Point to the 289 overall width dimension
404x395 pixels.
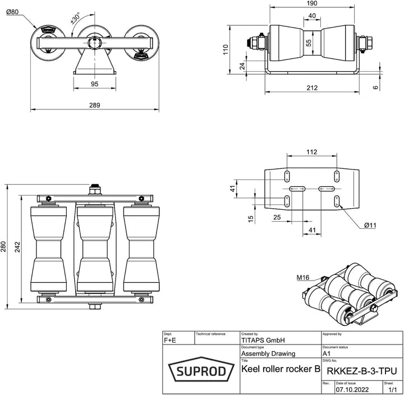tap(94, 104)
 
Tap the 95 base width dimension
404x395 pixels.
tap(94, 84)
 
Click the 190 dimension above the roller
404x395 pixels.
tap(311, 4)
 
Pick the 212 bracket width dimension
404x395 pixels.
tap(313, 88)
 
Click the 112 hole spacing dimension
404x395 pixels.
tap(311, 151)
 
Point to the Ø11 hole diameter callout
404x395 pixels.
tap(370, 225)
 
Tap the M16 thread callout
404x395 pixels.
tap(304, 277)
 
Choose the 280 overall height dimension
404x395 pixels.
tap(4, 246)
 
